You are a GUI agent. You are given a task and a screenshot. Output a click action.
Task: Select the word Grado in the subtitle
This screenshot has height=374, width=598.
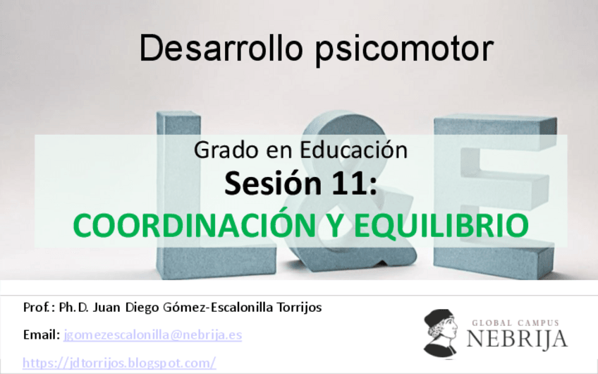pyautogui.click(x=220, y=151)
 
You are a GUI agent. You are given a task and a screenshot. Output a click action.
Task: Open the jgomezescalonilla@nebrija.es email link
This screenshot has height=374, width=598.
pyautogui.click(x=152, y=334)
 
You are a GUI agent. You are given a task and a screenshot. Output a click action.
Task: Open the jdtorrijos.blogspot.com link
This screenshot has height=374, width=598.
pyautogui.click(x=119, y=362)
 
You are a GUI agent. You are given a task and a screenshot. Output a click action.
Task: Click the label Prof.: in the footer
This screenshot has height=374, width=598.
pyautogui.click(x=39, y=308)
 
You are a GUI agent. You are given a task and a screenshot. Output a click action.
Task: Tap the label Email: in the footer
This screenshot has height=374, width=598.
pyautogui.click(x=42, y=334)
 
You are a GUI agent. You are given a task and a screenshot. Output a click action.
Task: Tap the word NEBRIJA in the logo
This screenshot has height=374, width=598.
pyautogui.click(x=516, y=339)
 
